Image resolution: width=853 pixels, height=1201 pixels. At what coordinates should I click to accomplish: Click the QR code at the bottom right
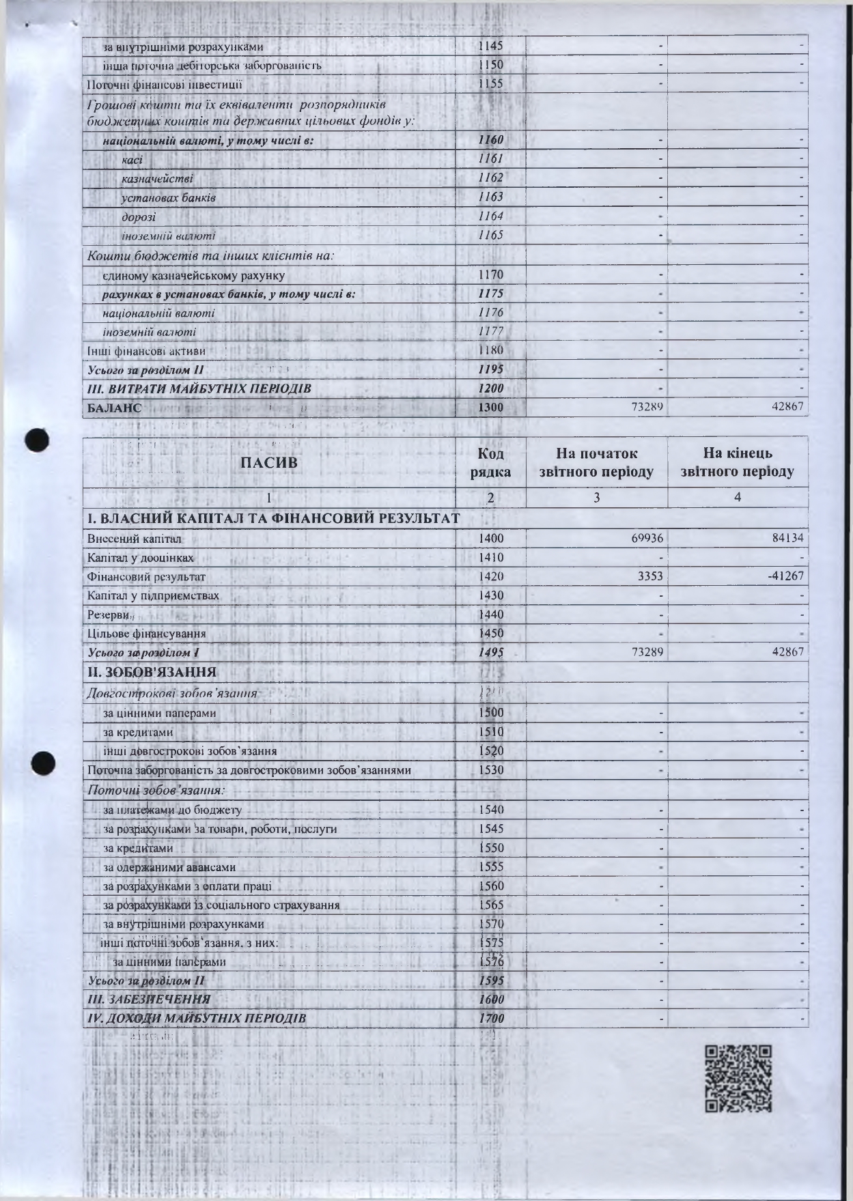(738, 1078)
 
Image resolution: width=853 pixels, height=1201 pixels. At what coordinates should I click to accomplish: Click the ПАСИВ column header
(269, 462)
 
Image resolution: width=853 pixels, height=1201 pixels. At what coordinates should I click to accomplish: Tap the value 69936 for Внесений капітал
(646, 538)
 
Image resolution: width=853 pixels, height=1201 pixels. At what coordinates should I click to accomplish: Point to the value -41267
(786, 576)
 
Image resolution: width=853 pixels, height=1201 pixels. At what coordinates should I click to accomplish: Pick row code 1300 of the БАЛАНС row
(490, 408)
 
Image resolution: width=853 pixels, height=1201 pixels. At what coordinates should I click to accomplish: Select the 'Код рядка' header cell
(490, 462)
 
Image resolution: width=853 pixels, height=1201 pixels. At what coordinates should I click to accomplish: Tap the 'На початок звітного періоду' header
(596, 462)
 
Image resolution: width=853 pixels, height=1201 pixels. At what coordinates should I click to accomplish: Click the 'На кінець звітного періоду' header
(738, 462)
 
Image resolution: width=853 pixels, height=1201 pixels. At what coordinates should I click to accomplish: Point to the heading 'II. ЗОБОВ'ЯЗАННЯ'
(152, 672)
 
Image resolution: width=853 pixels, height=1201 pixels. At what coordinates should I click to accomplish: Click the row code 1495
(490, 652)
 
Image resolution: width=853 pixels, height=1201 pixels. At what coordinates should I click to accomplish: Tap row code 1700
(491, 1018)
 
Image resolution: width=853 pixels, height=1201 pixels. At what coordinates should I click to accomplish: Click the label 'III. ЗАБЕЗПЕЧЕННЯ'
(149, 999)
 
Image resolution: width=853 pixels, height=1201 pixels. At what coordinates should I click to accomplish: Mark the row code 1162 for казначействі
(490, 178)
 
